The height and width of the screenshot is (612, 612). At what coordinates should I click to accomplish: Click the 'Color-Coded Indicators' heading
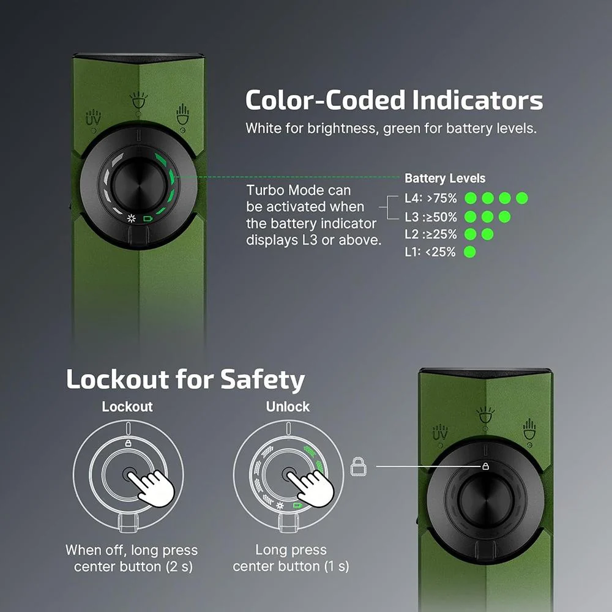[394, 100]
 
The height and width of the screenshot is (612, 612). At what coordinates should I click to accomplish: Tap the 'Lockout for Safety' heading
[185, 379]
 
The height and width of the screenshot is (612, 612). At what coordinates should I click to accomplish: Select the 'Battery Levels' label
[445, 178]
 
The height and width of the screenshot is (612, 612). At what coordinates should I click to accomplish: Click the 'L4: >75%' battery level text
[430, 198]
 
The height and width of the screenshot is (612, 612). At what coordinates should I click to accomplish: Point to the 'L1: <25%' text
[430, 252]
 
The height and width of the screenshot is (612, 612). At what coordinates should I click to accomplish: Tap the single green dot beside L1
[470, 252]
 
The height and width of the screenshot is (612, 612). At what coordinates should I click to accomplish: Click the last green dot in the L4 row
[522, 198]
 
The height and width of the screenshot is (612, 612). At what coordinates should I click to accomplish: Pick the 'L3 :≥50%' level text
[431, 217]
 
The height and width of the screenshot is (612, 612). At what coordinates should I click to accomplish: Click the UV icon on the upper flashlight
[93, 117]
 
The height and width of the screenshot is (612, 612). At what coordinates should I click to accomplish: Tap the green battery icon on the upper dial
[147, 218]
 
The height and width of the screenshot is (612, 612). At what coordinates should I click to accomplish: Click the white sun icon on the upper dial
[132, 218]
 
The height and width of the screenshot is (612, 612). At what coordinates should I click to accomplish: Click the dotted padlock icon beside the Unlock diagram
[358, 466]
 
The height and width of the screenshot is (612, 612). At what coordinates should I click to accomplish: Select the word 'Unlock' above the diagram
[288, 407]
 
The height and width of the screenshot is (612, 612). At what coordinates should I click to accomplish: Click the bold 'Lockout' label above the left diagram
[127, 407]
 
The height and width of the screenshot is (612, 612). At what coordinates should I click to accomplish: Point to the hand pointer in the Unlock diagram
[311, 488]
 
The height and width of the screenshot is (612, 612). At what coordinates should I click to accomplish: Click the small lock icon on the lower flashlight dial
[485, 466]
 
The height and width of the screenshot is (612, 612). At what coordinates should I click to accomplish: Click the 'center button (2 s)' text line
[133, 567]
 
